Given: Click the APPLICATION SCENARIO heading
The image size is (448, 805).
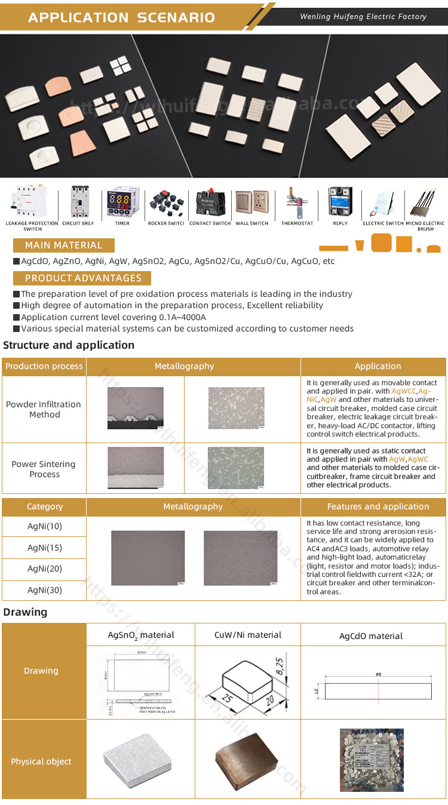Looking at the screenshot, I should [x=121, y=17].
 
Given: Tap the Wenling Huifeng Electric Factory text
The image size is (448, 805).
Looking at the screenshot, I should [x=363, y=17].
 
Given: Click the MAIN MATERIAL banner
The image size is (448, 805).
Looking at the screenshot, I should [x=63, y=245].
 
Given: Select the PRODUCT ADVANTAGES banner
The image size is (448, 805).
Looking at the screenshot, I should [x=83, y=278].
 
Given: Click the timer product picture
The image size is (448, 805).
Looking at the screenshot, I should [x=122, y=204].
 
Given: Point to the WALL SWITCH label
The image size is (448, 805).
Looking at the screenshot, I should [x=251, y=223].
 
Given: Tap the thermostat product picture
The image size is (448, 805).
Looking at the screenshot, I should [x=297, y=204].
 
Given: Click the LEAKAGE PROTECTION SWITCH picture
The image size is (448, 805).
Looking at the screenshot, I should [x=31, y=204].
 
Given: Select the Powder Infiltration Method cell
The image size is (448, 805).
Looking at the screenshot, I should [x=44, y=409].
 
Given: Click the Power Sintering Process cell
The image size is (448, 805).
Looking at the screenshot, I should [x=44, y=469].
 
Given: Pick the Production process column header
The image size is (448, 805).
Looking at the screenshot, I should [x=44, y=366].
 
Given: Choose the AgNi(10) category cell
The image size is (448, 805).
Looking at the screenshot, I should [x=44, y=526].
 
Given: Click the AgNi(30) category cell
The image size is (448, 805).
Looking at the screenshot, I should [x=44, y=590].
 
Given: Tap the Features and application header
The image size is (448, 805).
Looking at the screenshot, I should [x=378, y=506].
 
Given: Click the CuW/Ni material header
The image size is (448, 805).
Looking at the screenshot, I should [x=247, y=635].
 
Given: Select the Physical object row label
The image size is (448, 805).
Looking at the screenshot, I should [x=41, y=761].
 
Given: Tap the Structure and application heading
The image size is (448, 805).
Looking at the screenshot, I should [x=69, y=345].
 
